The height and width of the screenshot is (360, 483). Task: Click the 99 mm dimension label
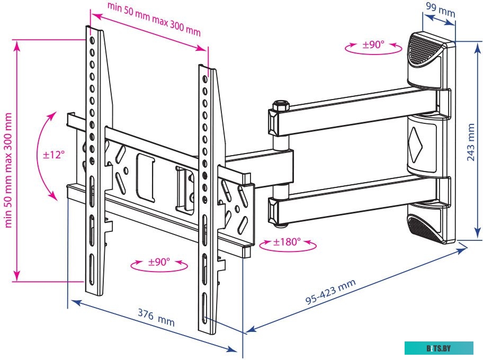click(x=440, y=8)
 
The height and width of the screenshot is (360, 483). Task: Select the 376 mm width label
click(x=156, y=319)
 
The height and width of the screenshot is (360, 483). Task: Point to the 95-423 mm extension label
click(x=331, y=292)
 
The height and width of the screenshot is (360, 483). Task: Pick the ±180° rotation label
click(x=287, y=242)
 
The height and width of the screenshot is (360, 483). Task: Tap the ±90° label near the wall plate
click(x=373, y=45)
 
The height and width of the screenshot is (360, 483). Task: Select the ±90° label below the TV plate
click(x=159, y=262)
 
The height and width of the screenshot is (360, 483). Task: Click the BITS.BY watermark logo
click(x=439, y=348)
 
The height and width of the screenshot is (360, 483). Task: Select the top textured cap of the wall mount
click(x=425, y=50)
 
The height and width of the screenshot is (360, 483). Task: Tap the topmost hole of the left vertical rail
click(x=92, y=40)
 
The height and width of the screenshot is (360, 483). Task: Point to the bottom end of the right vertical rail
click(x=208, y=328)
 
